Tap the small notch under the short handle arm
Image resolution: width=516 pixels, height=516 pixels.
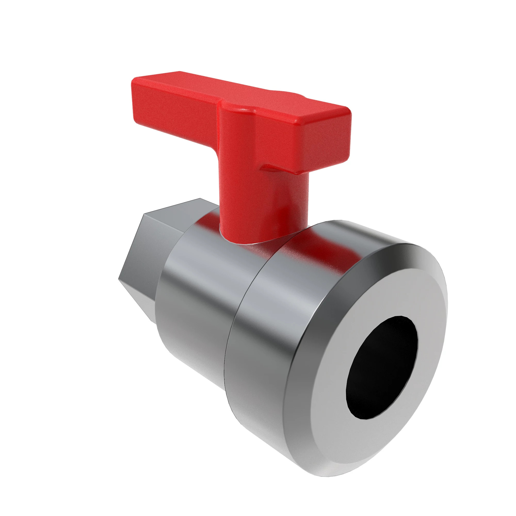(267, 167)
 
